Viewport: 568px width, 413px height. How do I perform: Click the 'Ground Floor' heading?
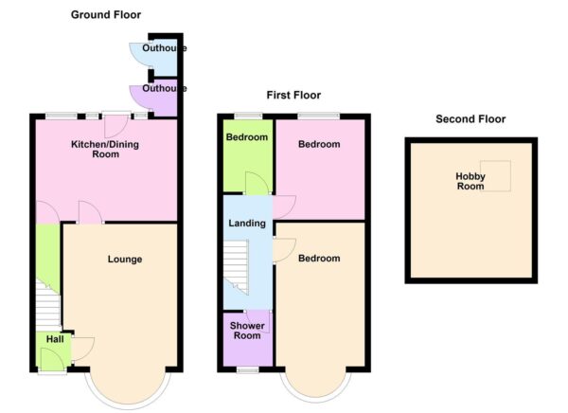coord(106,14)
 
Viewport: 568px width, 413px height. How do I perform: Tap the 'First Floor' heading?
coord(293,95)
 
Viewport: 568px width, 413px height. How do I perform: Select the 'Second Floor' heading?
coord(470,119)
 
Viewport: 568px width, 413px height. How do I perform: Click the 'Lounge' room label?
coord(125,259)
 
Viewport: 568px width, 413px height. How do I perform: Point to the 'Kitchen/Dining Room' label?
coord(105,149)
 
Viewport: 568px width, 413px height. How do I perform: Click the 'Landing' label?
coord(246,224)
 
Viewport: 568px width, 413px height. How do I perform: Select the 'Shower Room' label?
coord(247,331)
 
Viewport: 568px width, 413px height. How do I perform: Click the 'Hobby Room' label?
coord(470,181)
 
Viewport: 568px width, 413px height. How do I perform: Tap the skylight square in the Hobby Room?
coord(498,175)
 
